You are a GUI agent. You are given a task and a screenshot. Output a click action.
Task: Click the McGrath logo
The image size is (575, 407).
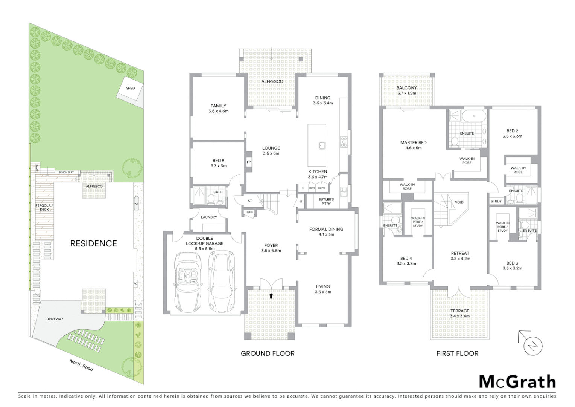pos(517,382)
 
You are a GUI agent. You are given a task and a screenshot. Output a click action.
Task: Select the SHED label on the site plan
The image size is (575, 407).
pos(130,88)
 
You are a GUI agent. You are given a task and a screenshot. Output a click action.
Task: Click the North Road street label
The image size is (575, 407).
pos(81,365)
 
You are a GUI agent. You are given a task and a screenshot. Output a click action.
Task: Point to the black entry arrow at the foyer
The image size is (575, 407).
pos(271,296)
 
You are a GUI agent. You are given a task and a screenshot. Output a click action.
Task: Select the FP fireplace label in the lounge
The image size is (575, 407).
pos(249,162)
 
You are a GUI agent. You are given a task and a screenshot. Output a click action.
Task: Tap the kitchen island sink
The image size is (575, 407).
pos(322,145)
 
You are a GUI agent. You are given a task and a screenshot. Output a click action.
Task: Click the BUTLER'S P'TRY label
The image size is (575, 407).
pos(326,202)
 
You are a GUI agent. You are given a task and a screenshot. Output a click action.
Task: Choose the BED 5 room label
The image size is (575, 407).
pos(218,163)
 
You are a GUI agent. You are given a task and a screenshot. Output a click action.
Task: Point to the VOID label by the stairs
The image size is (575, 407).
pos(459,202)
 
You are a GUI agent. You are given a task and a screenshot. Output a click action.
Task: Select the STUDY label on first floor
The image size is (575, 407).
pos(496,201)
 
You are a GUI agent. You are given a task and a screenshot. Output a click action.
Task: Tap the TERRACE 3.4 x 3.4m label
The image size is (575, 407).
pos(459,314)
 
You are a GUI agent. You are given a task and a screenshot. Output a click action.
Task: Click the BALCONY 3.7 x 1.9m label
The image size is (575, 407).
pos(406,90)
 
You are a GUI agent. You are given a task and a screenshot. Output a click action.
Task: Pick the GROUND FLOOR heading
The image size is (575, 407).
pos(268,353)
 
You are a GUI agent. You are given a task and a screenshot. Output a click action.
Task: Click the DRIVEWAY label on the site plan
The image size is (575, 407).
pos(55,319)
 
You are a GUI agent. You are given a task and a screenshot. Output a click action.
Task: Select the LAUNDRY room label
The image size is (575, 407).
pos(209,217)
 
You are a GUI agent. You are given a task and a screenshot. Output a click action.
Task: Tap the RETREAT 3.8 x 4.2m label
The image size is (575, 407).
pos(460,256)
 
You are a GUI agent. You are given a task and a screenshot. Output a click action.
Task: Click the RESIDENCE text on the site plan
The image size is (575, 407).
pos(94,243)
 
